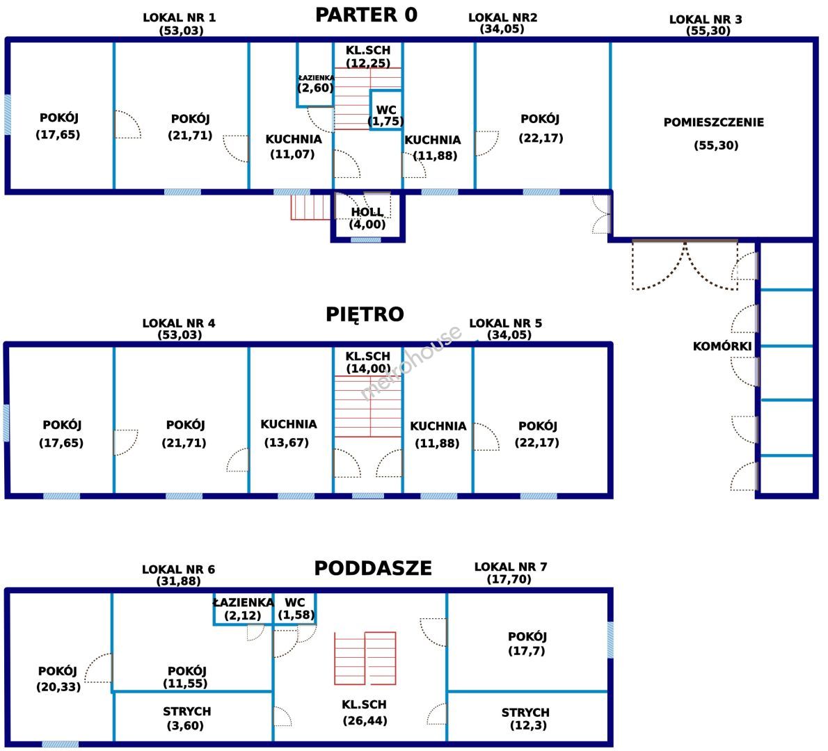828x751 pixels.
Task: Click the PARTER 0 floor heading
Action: (x=366, y=15)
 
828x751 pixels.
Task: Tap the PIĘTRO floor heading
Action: (x=365, y=314)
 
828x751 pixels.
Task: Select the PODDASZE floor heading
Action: (x=373, y=568)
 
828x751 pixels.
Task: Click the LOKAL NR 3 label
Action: (x=706, y=19)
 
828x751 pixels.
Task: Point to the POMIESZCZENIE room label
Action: (x=713, y=122)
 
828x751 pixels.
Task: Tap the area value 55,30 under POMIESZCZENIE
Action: (x=716, y=145)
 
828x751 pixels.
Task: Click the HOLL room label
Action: (x=367, y=212)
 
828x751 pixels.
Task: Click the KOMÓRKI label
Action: (x=722, y=346)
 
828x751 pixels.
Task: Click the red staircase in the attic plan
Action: (x=365, y=658)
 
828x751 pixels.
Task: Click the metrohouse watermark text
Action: (x=411, y=362)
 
